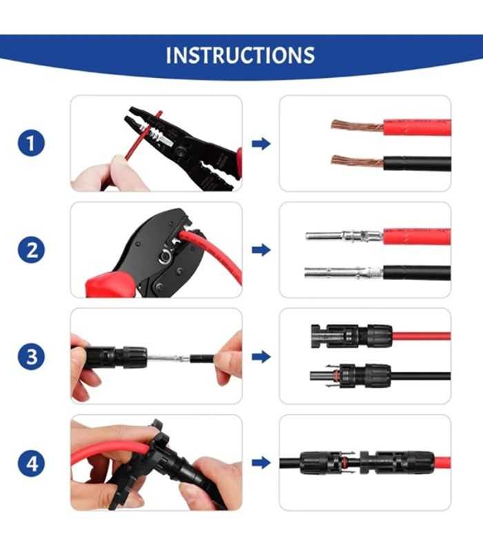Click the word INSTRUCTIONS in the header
(240, 55)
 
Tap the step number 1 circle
(31, 144)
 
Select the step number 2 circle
(31, 250)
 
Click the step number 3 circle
(31, 357)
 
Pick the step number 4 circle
(31, 463)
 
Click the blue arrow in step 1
(261, 144)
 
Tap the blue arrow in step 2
(261, 250)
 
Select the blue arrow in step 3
(261, 357)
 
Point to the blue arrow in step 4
(261, 463)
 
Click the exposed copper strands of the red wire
(356, 126)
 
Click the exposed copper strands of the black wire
(356, 161)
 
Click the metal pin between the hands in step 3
(169, 358)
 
